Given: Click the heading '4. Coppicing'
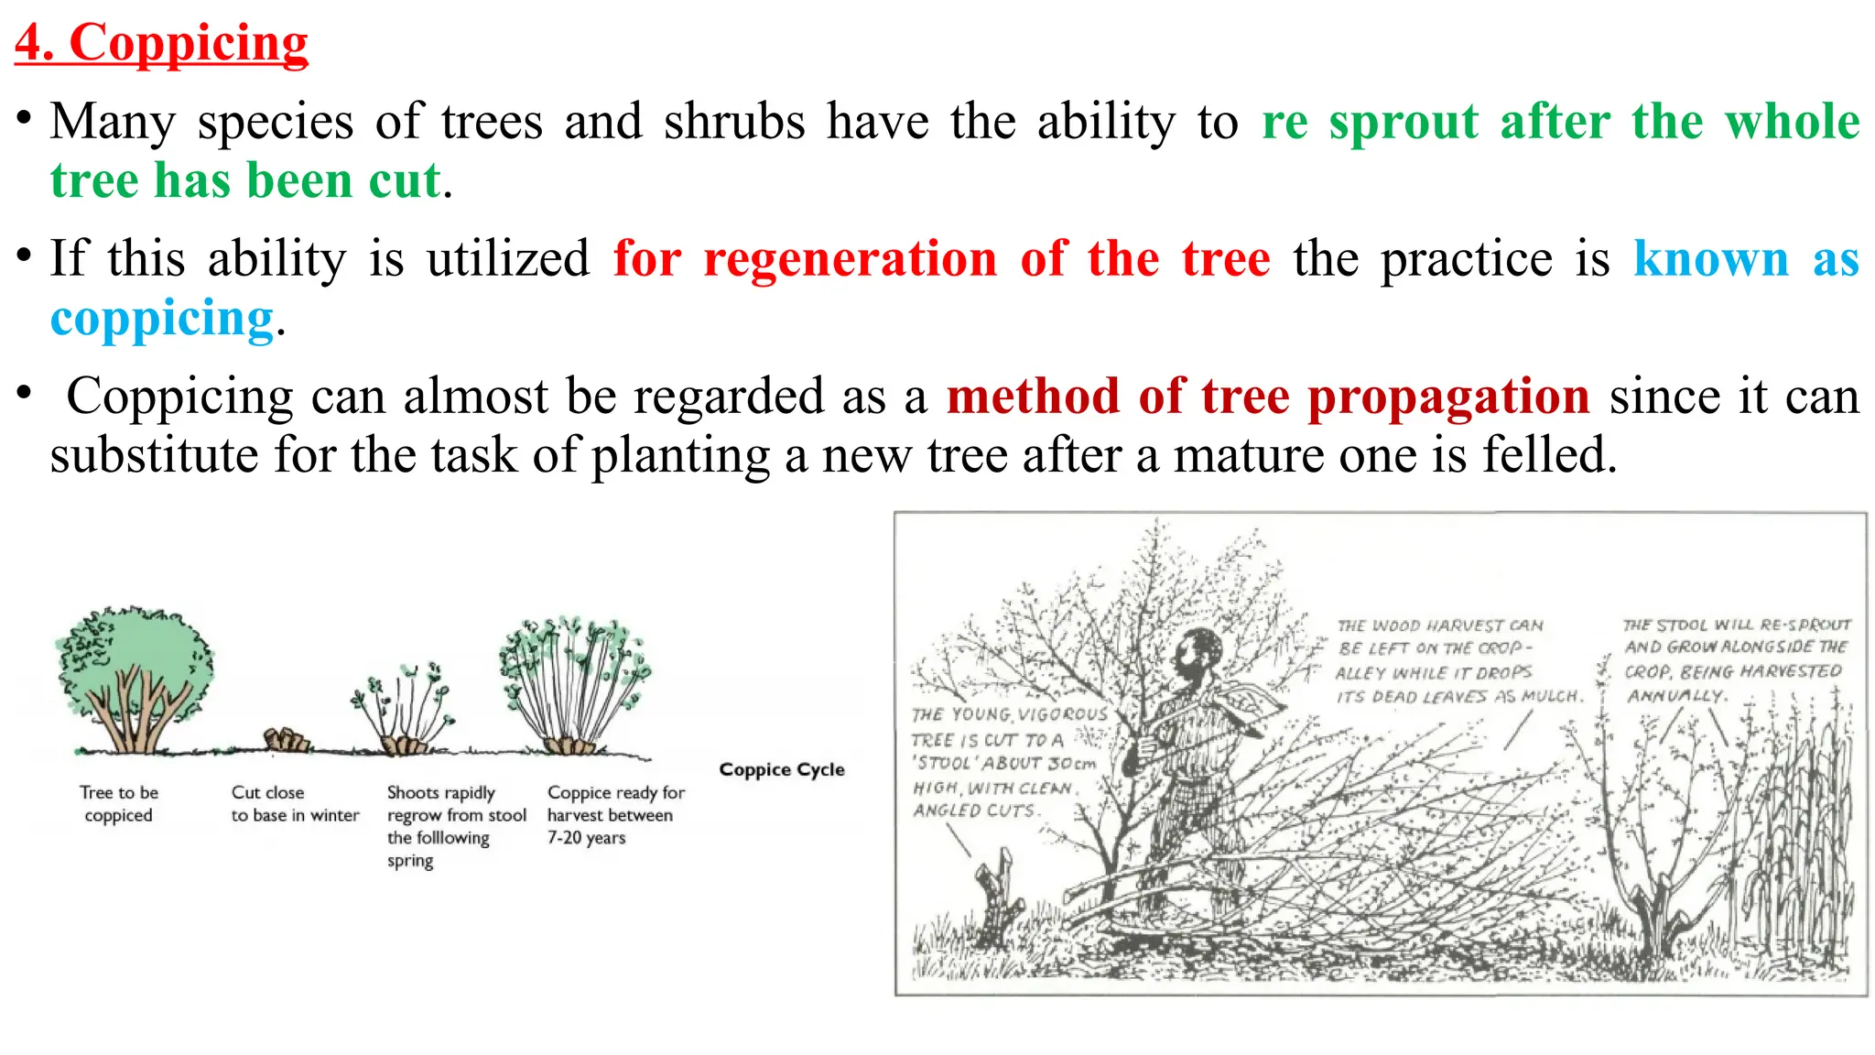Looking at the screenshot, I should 161,43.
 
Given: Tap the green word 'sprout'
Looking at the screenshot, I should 1404,122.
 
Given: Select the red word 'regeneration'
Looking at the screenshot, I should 850,259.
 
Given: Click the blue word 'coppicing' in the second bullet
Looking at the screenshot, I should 162,320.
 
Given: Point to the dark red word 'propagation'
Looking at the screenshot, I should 1448,397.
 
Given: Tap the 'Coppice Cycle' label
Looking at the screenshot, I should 781,769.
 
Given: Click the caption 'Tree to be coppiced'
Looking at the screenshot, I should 118,803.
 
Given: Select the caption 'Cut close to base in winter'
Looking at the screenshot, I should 294,803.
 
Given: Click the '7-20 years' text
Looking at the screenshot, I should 586,838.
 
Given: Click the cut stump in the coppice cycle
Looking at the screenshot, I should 287,739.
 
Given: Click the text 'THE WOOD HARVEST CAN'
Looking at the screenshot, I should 1439,625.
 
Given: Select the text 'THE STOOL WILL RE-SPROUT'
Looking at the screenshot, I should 1736,625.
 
